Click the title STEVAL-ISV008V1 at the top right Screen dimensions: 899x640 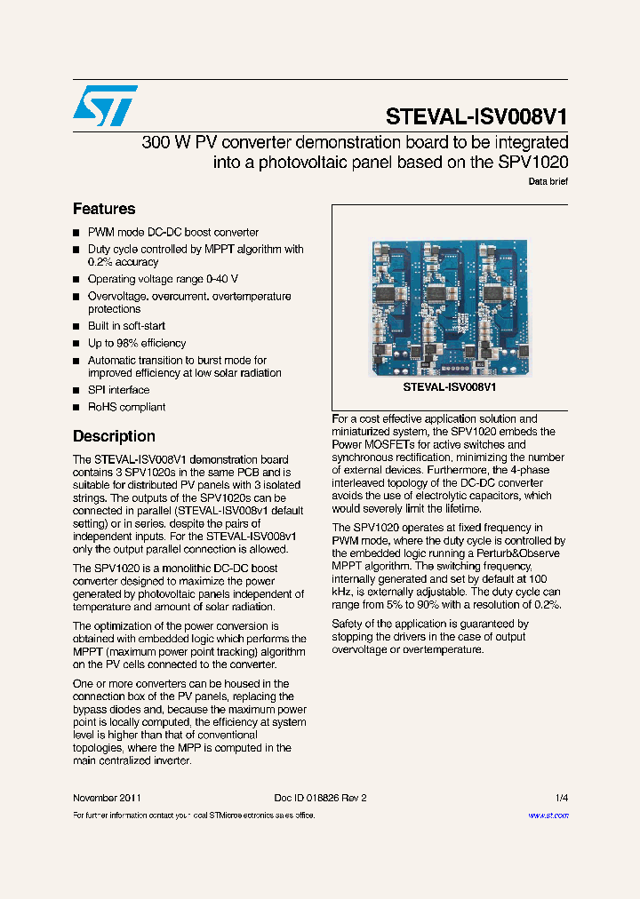476,117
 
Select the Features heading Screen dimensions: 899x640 104,209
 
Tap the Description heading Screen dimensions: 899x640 114,436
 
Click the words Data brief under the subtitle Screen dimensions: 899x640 548,181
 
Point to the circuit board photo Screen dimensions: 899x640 448,307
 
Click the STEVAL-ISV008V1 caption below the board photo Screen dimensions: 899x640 450,387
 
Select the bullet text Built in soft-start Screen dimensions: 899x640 126,326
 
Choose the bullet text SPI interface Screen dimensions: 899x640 118,390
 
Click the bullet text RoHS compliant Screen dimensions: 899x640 126,407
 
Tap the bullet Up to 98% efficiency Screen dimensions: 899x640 137,343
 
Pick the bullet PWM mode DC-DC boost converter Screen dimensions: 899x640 173,232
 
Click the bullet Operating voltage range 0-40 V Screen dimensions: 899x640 163,279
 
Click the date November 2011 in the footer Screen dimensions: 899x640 107,798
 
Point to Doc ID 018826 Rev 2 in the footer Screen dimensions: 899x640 320,798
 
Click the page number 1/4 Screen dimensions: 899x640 561,798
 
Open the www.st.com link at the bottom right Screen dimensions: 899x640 548,815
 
